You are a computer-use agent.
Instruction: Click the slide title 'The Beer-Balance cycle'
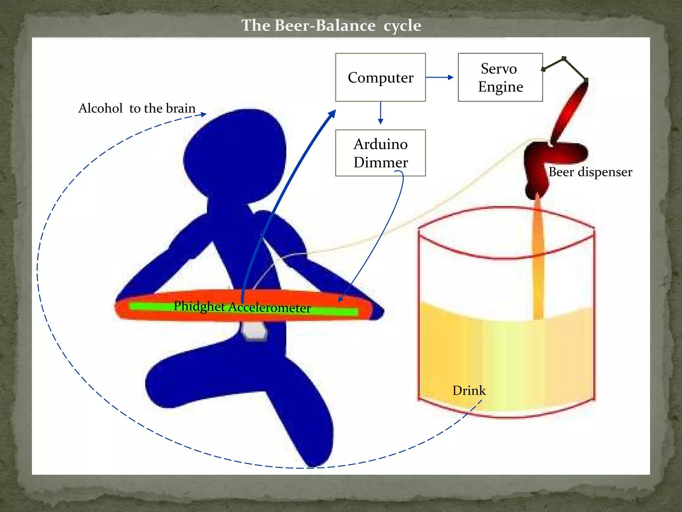pyautogui.click(x=331, y=25)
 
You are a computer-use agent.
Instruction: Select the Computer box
pyautogui.click(x=380, y=77)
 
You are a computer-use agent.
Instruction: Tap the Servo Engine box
pyautogui.click(x=500, y=77)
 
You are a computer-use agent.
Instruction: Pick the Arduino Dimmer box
pyautogui.click(x=380, y=153)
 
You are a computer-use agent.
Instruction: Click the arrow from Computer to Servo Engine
pyautogui.click(x=440, y=77)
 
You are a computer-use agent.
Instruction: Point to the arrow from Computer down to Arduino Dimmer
pyautogui.click(x=380, y=113)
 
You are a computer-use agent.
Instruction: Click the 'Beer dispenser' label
pyautogui.click(x=590, y=172)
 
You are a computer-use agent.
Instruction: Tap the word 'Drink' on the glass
pyautogui.click(x=469, y=390)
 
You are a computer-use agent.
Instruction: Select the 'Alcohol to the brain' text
pyautogui.click(x=137, y=108)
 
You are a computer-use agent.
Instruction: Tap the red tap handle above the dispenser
pyautogui.click(x=570, y=110)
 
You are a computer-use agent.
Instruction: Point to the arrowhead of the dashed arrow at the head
pyautogui.click(x=203, y=114)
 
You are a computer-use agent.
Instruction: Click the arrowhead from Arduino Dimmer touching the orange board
pyautogui.click(x=340, y=300)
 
